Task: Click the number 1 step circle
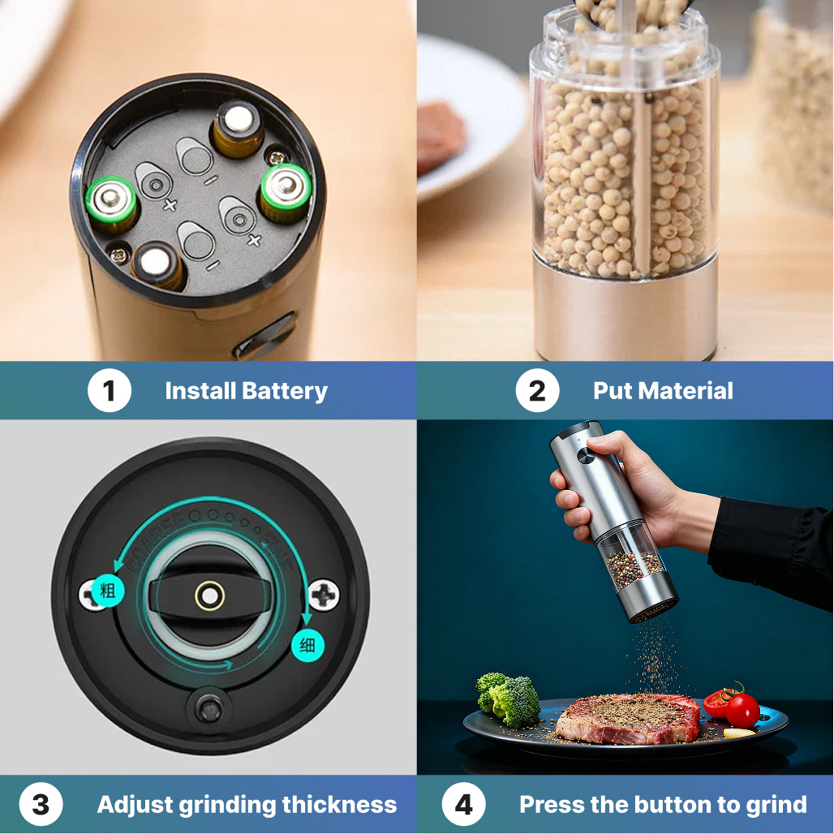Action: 109,391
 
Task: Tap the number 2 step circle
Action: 537,391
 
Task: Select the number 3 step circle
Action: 40,805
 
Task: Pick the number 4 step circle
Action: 463,805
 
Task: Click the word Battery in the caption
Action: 285,391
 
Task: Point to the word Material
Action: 686,391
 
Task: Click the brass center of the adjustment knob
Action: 210,596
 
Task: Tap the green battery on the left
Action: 112,200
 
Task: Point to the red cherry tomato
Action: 742,710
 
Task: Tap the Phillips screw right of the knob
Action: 324,595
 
